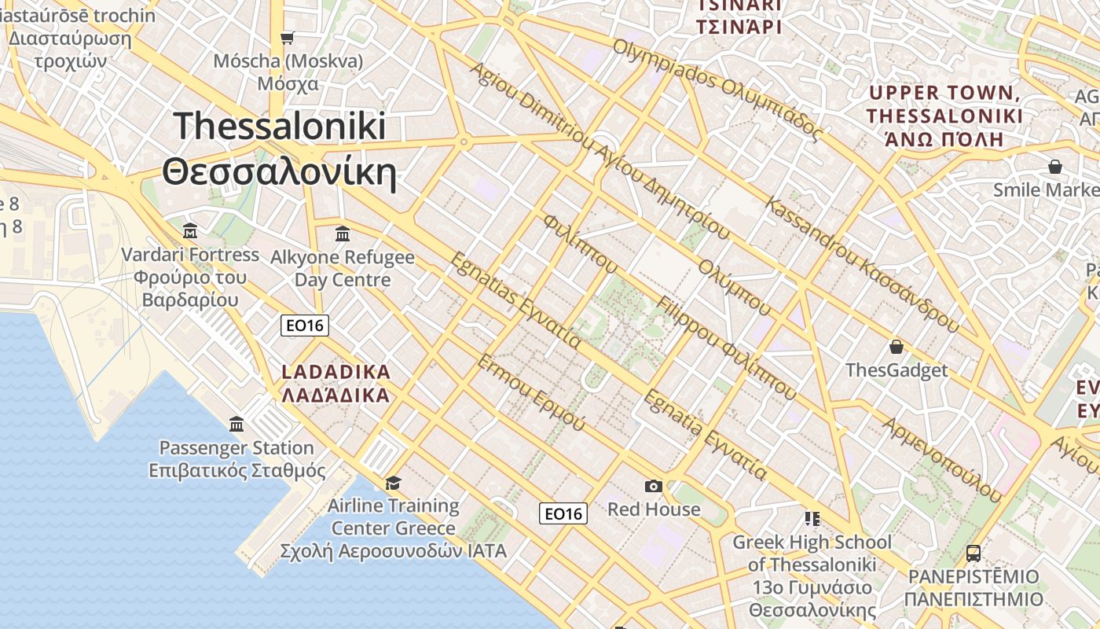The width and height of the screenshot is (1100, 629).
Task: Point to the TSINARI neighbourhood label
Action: point(739,16)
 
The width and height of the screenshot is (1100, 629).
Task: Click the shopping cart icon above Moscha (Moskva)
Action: point(288,38)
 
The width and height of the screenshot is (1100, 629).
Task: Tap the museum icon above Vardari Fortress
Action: point(190,231)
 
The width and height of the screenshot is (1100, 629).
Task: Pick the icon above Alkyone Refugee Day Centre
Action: point(343,234)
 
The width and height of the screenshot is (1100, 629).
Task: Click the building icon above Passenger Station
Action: point(236,425)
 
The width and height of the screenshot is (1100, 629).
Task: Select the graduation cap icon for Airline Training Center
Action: point(393,482)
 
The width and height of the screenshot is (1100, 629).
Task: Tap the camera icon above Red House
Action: point(653,487)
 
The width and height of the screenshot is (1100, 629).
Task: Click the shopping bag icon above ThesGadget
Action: point(896,347)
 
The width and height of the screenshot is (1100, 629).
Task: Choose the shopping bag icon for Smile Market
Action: point(1055,167)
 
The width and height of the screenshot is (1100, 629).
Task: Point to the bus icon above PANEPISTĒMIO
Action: point(973,554)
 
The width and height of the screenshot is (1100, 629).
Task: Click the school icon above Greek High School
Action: point(812,519)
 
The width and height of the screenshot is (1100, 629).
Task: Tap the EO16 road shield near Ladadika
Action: point(305,326)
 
